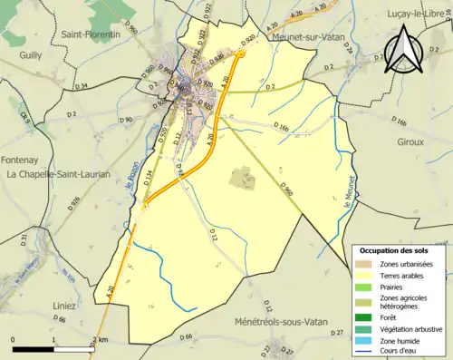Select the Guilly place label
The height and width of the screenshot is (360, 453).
[x=32, y=54]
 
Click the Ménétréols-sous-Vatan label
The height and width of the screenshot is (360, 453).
[x=287, y=322]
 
